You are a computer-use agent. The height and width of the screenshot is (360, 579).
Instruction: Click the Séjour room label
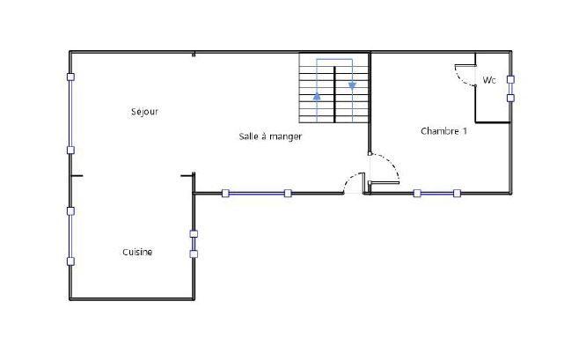(143, 112)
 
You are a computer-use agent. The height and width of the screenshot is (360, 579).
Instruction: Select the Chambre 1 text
(443, 131)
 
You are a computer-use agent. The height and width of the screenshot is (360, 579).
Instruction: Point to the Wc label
(489, 80)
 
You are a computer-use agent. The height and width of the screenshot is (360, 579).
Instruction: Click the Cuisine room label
(136, 253)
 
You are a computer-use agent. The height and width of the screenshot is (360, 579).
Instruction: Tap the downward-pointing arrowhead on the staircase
(353, 85)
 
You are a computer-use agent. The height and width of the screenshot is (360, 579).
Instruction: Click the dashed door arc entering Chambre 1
(385, 165)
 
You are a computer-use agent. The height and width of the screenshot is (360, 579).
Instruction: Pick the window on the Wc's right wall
(510, 88)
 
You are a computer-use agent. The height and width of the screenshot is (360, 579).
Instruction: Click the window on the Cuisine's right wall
(194, 244)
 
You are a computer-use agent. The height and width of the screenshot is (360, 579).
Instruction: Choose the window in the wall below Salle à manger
(256, 193)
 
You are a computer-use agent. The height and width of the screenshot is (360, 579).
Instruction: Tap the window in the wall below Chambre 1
(436, 193)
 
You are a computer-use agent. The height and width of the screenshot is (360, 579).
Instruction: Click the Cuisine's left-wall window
(70, 236)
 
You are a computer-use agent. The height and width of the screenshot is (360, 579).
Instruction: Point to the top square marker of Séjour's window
(70, 77)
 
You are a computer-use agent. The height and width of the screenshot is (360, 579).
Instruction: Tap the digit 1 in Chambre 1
(465, 131)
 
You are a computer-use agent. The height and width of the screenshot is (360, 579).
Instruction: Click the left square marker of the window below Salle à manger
(225, 193)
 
